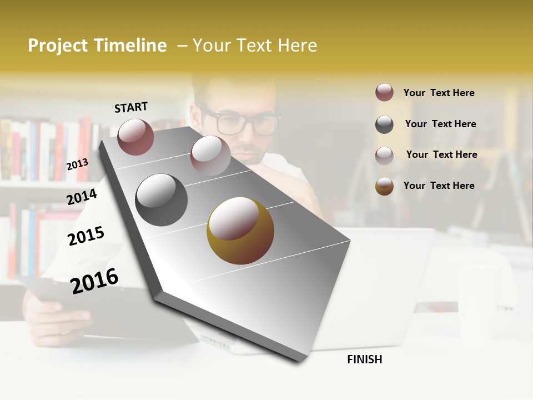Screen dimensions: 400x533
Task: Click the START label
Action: [131, 107]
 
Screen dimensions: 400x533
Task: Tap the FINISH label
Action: [364, 359]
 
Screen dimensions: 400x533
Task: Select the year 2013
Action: [77, 164]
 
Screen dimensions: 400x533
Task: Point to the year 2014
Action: [82, 197]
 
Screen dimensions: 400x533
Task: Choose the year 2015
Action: [86, 236]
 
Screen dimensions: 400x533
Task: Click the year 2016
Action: [94, 281]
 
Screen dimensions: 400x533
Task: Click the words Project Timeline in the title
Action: [97, 46]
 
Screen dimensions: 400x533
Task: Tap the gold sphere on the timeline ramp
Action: [240, 231]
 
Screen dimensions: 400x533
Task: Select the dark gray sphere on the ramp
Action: [161, 200]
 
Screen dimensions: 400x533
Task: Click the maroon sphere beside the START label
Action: [135, 137]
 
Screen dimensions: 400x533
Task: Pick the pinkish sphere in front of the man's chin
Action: [210, 155]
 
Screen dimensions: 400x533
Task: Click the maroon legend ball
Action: [384, 92]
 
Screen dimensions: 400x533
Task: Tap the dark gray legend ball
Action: [384, 124]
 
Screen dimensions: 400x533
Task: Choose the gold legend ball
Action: [384, 186]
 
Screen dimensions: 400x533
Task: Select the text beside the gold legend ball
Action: [439, 186]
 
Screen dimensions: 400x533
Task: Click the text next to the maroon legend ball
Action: [439, 93]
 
